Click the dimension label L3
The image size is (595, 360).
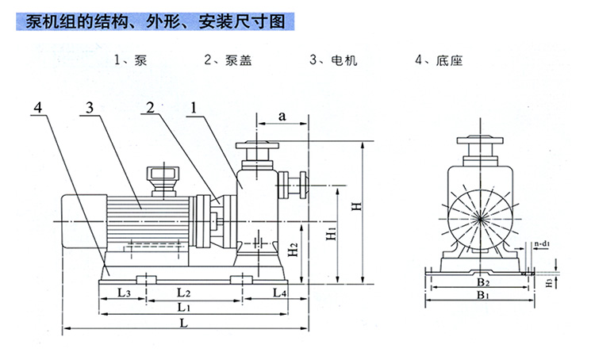124,293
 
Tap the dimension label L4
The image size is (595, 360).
279,293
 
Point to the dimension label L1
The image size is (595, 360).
184,307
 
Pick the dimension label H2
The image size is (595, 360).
293,251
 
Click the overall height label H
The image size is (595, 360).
358,206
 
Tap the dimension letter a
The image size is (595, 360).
282,116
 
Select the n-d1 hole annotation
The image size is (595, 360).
543,244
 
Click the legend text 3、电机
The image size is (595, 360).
333,59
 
